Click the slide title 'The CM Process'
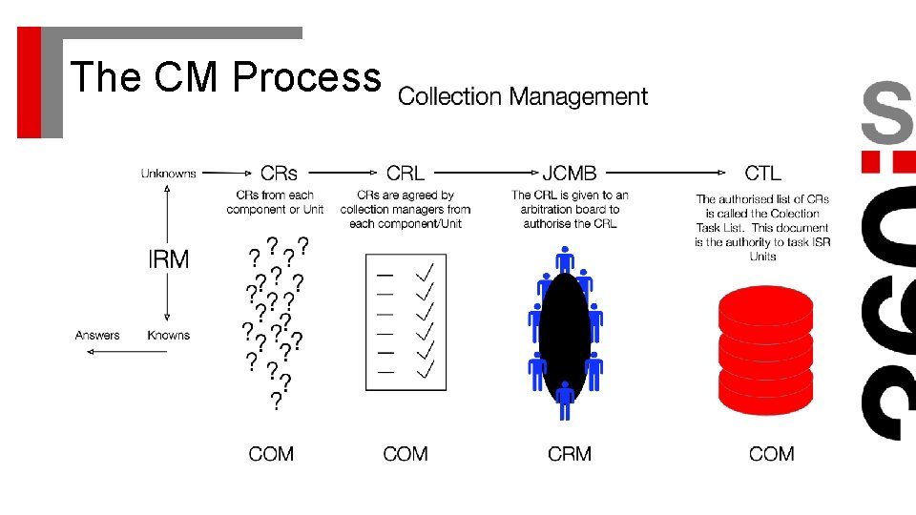point(225,76)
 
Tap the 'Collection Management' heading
point(523,96)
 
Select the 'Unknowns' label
point(169,174)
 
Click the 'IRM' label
point(167,258)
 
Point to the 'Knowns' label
point(169,335)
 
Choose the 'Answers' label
point(97,335)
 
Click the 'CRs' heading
point(279,174)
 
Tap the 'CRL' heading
point(406,174)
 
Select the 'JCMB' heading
point(570,174)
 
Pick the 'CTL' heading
point(762,174)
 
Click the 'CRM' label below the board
point(570,454)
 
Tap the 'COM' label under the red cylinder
point(771,454)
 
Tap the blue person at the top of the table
point(565,260)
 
